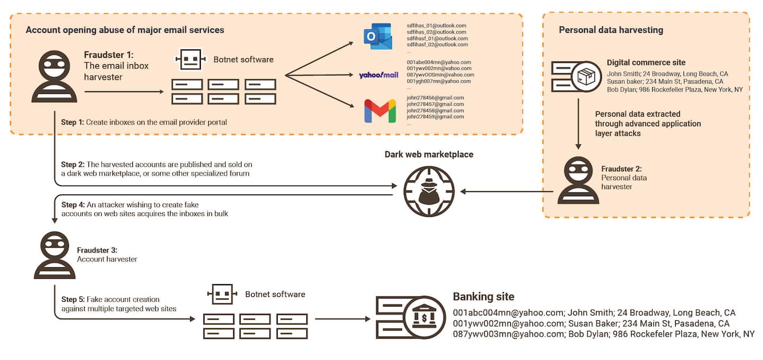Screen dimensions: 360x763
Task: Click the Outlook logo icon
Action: coord(378,36)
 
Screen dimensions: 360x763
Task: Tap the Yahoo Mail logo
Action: coord(378,75)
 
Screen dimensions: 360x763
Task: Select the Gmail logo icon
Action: coord(380,111)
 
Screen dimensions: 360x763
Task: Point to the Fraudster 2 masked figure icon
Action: coord(578,180)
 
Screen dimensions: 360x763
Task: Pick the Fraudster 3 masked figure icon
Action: coord(55,255)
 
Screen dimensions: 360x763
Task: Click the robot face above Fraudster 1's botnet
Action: coord(190,59)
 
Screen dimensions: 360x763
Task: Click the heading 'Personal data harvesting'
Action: coord(611,30)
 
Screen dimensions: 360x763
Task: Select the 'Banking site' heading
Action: coord(483,297)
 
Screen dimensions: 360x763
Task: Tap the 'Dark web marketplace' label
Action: coord(429,154)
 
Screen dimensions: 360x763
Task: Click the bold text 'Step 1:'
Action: coord(73,122)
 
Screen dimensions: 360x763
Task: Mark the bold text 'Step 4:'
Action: coord(73,205)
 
